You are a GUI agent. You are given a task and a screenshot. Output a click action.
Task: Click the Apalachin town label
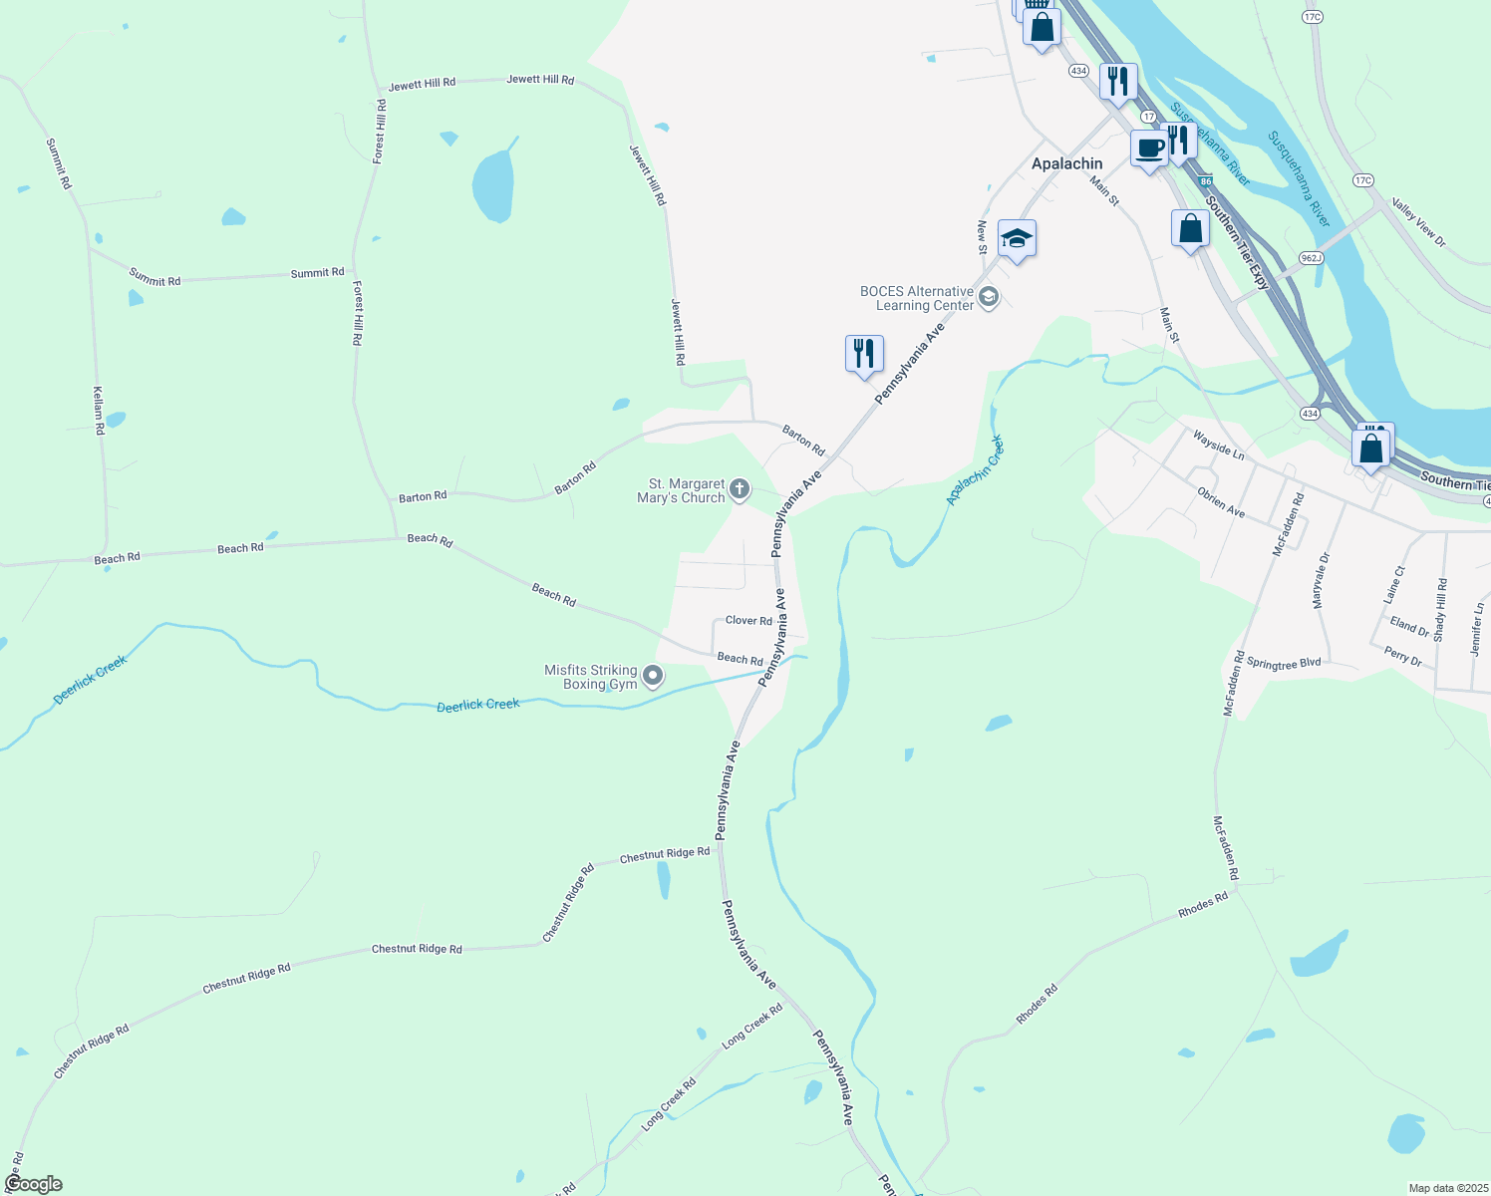coord(1066,163)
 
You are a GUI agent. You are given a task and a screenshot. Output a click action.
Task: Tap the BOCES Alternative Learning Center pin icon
coord(989,297)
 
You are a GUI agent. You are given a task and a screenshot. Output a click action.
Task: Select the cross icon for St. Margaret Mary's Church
coord(739,489)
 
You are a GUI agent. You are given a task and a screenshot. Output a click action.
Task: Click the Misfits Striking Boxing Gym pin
coord(653,677)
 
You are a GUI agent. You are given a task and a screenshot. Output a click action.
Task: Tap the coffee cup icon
coord(1148,149)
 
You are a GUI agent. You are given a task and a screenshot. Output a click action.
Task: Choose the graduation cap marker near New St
coord(1016,239)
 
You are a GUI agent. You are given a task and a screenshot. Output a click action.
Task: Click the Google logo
coord(33,1184)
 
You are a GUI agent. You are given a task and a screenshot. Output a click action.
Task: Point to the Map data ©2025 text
coord(1447,1188)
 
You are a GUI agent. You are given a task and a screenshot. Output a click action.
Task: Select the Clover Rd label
coord(748,621)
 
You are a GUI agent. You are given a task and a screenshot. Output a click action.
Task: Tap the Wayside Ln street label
coord(1218,445)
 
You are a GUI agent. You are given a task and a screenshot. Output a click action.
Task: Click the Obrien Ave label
coord(1221,502)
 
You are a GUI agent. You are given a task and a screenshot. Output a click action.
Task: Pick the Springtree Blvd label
coord(1284,663)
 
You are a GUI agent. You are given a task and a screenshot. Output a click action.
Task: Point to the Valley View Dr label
coord(1418,223)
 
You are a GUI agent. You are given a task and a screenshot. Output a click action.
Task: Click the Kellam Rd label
coord(99,411)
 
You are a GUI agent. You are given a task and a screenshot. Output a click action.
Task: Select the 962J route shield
coord(1311,258)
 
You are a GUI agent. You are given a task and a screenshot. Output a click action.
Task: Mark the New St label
coord(982,236)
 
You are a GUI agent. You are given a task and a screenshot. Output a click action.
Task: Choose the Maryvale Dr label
coord(1321,581)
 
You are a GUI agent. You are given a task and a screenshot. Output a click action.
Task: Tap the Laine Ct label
coord(1394,584)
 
